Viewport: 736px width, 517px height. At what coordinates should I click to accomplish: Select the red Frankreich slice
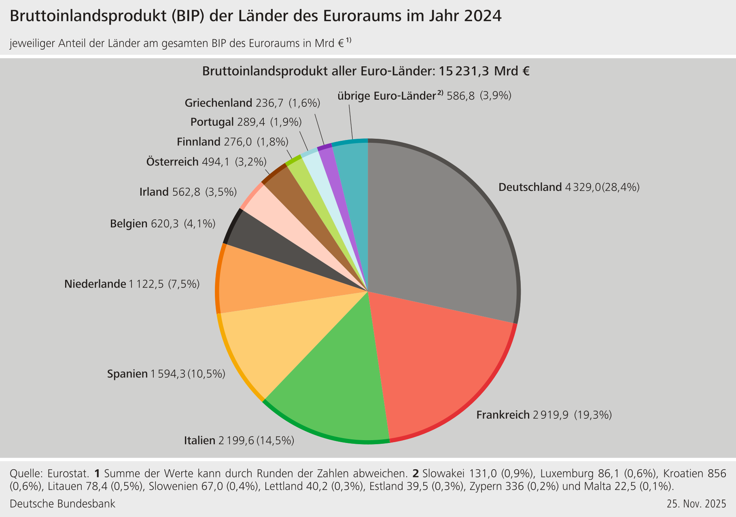437,364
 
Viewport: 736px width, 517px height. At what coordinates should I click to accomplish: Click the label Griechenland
218,103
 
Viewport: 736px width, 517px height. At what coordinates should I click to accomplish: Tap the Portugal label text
212,122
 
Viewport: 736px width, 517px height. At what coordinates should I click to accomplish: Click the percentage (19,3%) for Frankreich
593,415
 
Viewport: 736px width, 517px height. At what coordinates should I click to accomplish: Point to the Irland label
154,192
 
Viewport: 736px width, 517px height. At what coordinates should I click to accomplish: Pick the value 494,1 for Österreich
216,162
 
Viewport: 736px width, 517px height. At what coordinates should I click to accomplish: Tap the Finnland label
198,142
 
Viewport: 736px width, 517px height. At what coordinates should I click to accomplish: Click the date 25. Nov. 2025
696,504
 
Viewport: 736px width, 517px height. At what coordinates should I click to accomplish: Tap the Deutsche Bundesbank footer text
62,504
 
